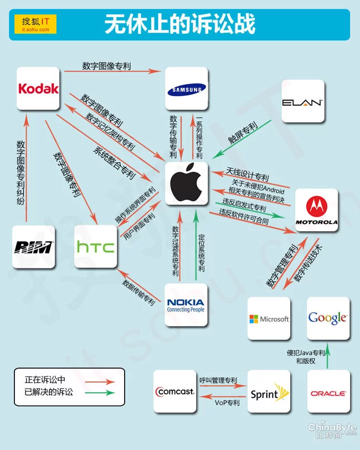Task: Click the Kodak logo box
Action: point(38,89)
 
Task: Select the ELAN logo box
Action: point(303,101)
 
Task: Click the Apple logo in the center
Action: point(187,183)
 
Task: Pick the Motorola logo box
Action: point(317,210)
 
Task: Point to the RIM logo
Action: point(34,247)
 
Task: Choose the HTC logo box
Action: point(96,246)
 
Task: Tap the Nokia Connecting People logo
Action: point(186,305)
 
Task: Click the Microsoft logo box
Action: point(269,318)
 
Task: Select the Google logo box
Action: point(328,318)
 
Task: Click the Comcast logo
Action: point(175,391)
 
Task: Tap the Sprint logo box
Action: point(269,391)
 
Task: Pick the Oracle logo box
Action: point(329,391)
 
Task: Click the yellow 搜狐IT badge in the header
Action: point(35,24)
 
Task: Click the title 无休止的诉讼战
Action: point(179,24)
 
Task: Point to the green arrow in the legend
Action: point(100,392)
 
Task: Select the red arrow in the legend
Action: point(100,382)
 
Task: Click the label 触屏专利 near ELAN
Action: point(243,132)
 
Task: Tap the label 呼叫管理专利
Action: point(218,381)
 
